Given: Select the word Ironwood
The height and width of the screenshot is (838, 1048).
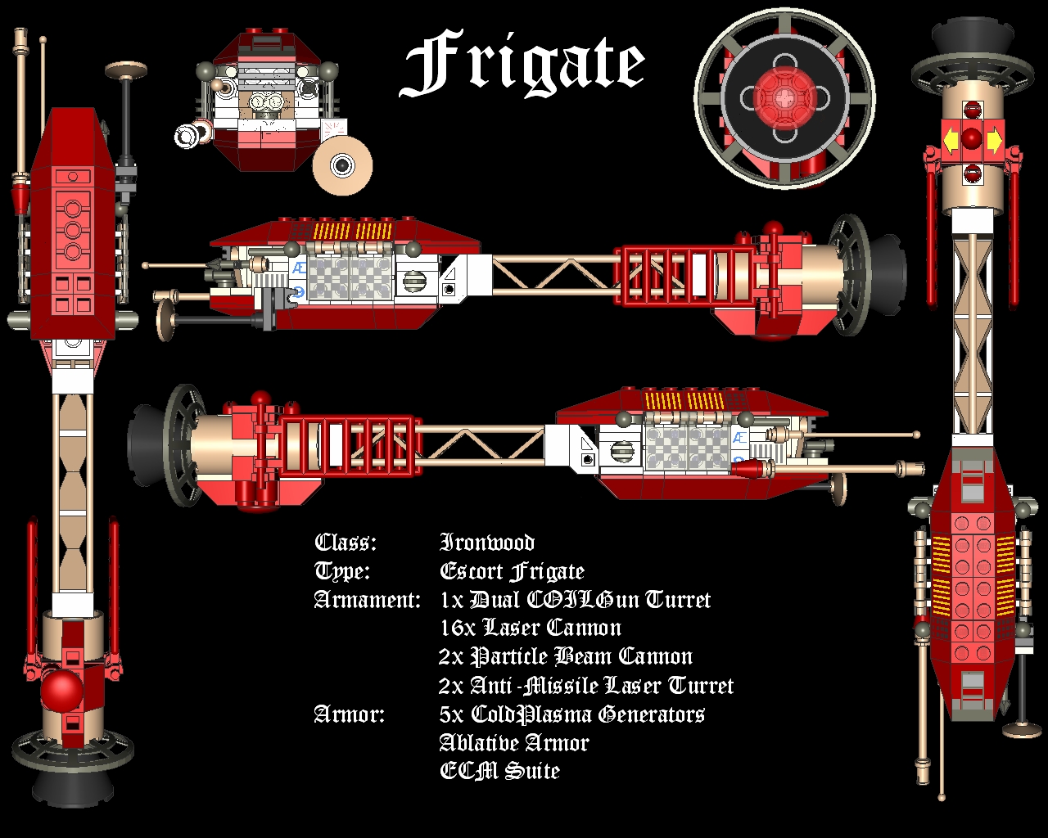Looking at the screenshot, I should [487, 543].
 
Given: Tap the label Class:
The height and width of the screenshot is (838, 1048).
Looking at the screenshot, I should [346, 543].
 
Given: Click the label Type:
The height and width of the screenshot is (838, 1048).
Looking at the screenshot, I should [342, 571].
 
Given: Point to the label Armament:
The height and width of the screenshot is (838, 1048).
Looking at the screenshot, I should [367, 600].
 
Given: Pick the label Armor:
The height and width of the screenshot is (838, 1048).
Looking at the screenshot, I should [350, 714].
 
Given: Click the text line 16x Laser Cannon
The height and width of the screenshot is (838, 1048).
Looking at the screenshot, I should [530, 628].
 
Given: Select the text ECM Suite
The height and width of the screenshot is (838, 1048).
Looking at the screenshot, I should [499, 771].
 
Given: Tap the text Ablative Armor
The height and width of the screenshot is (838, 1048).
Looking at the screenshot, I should [513, 743].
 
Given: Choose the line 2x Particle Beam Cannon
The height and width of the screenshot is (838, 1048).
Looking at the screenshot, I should [565, 657].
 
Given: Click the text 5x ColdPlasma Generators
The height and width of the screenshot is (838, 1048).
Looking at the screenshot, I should [571, 714].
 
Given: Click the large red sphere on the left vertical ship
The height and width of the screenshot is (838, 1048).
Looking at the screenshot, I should [61, 692].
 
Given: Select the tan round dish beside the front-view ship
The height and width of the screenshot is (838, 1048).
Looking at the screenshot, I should [342, 164].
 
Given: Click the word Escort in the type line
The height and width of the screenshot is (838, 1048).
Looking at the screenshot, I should [472, 571].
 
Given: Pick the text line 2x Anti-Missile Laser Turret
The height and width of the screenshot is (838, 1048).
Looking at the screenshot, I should [585, 686].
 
